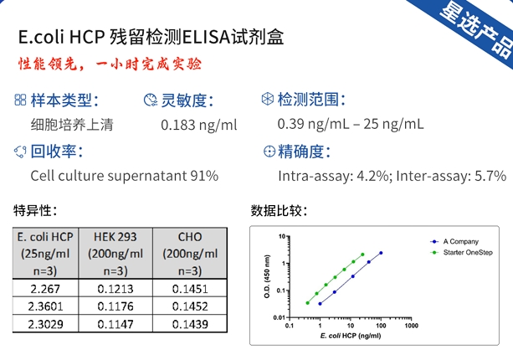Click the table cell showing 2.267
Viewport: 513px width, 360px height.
click(x=44, y=288)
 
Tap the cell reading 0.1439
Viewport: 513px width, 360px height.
click(x=191, y=323)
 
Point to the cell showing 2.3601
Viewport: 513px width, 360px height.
click(x=44, y=306)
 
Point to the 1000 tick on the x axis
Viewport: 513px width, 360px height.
click(x=411, y=325)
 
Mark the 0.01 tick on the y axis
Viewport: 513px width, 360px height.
click(x=282, y=316)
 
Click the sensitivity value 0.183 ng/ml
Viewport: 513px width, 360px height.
click(x=198, y=125)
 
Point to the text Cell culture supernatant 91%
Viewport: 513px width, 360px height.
click(x=124, y=176)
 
